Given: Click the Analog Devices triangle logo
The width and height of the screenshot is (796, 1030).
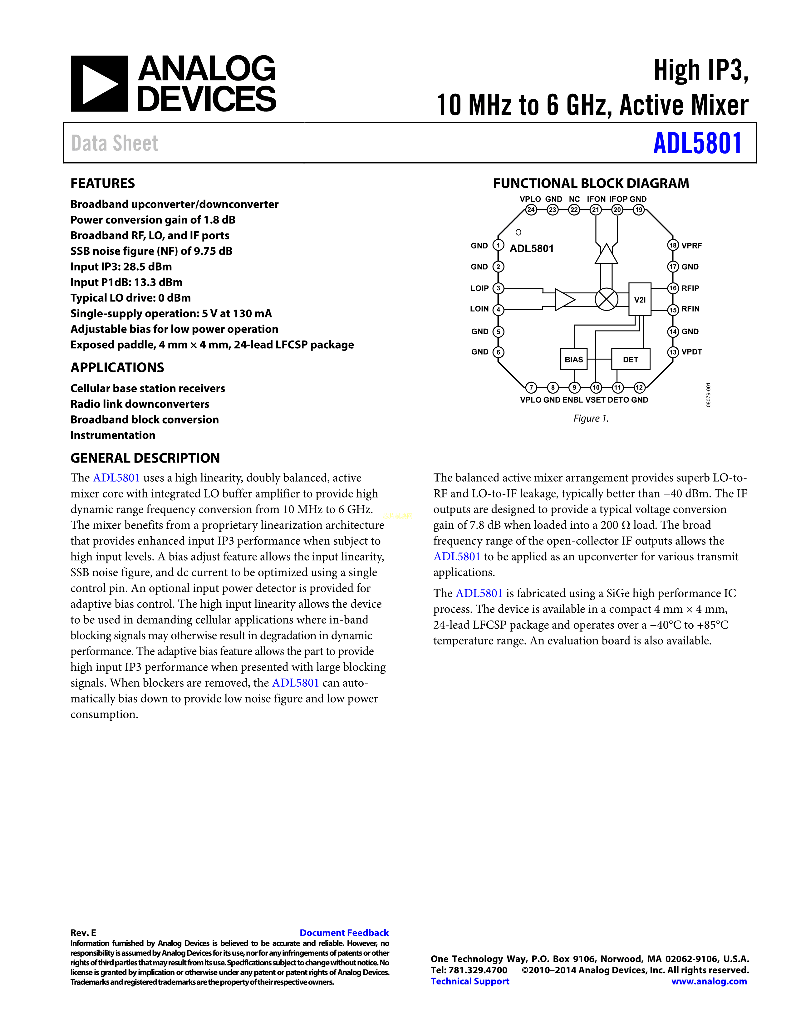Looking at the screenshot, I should [x=99, y=84].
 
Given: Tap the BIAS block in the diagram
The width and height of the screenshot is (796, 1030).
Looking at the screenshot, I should [x=573, y=359].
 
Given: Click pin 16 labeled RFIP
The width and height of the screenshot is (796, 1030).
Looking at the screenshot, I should [x=673, y=288].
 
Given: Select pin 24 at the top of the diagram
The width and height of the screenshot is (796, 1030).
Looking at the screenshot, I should [x=531, y=209].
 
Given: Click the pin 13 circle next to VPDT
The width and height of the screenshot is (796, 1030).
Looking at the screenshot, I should [x=673, y=352].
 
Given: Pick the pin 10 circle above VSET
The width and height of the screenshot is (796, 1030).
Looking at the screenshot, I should [x=596, y=387].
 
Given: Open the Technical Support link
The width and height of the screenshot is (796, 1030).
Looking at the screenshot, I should [x=470, y=981].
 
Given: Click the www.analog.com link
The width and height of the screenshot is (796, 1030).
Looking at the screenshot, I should [x=709, y=981].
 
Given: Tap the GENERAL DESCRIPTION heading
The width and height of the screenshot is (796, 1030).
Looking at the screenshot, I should [x=145, y=458].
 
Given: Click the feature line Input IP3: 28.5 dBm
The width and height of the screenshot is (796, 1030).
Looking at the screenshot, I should [x=121, y=267].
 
